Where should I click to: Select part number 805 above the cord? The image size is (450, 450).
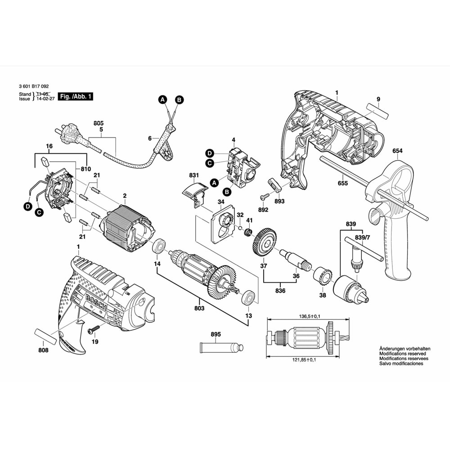(99, 123)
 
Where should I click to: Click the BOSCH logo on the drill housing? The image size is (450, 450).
(95, 300)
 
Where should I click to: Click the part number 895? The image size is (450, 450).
(216, 334)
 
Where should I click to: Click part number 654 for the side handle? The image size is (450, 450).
(397, 151)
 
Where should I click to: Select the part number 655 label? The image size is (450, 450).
(342, 183)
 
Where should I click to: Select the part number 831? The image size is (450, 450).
(194, 175)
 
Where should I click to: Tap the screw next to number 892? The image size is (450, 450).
(265, 197)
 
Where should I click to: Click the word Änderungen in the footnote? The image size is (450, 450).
(382, 348)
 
